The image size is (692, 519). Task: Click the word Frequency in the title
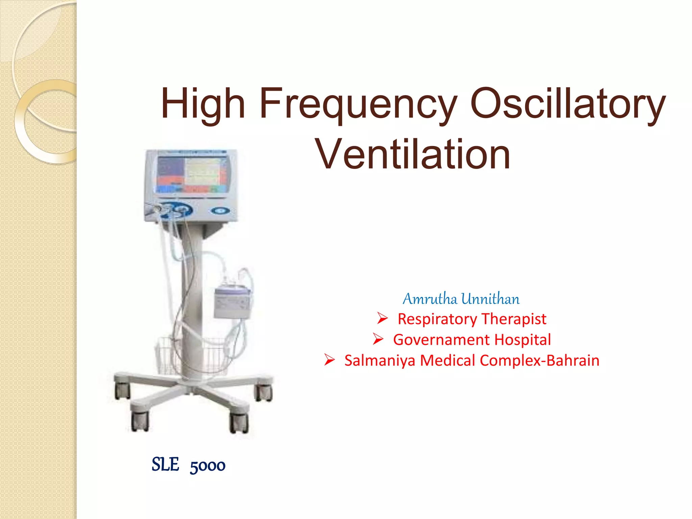click(358, 104)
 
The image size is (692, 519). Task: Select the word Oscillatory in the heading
click(568, 104)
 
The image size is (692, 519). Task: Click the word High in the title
click(203, 104)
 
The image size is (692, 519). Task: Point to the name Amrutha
click(430, 299)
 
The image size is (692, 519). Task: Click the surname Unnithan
click(491, 299)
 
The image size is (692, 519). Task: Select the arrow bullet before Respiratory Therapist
click(382, 318)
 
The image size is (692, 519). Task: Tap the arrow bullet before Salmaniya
click(329, 360)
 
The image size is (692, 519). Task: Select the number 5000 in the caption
click(207, 466)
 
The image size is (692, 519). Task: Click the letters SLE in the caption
click(165, 465)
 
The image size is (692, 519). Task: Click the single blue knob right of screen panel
click(221, 211)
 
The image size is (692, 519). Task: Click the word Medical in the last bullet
click(447, 361)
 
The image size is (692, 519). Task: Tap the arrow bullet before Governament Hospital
click(378, 339)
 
